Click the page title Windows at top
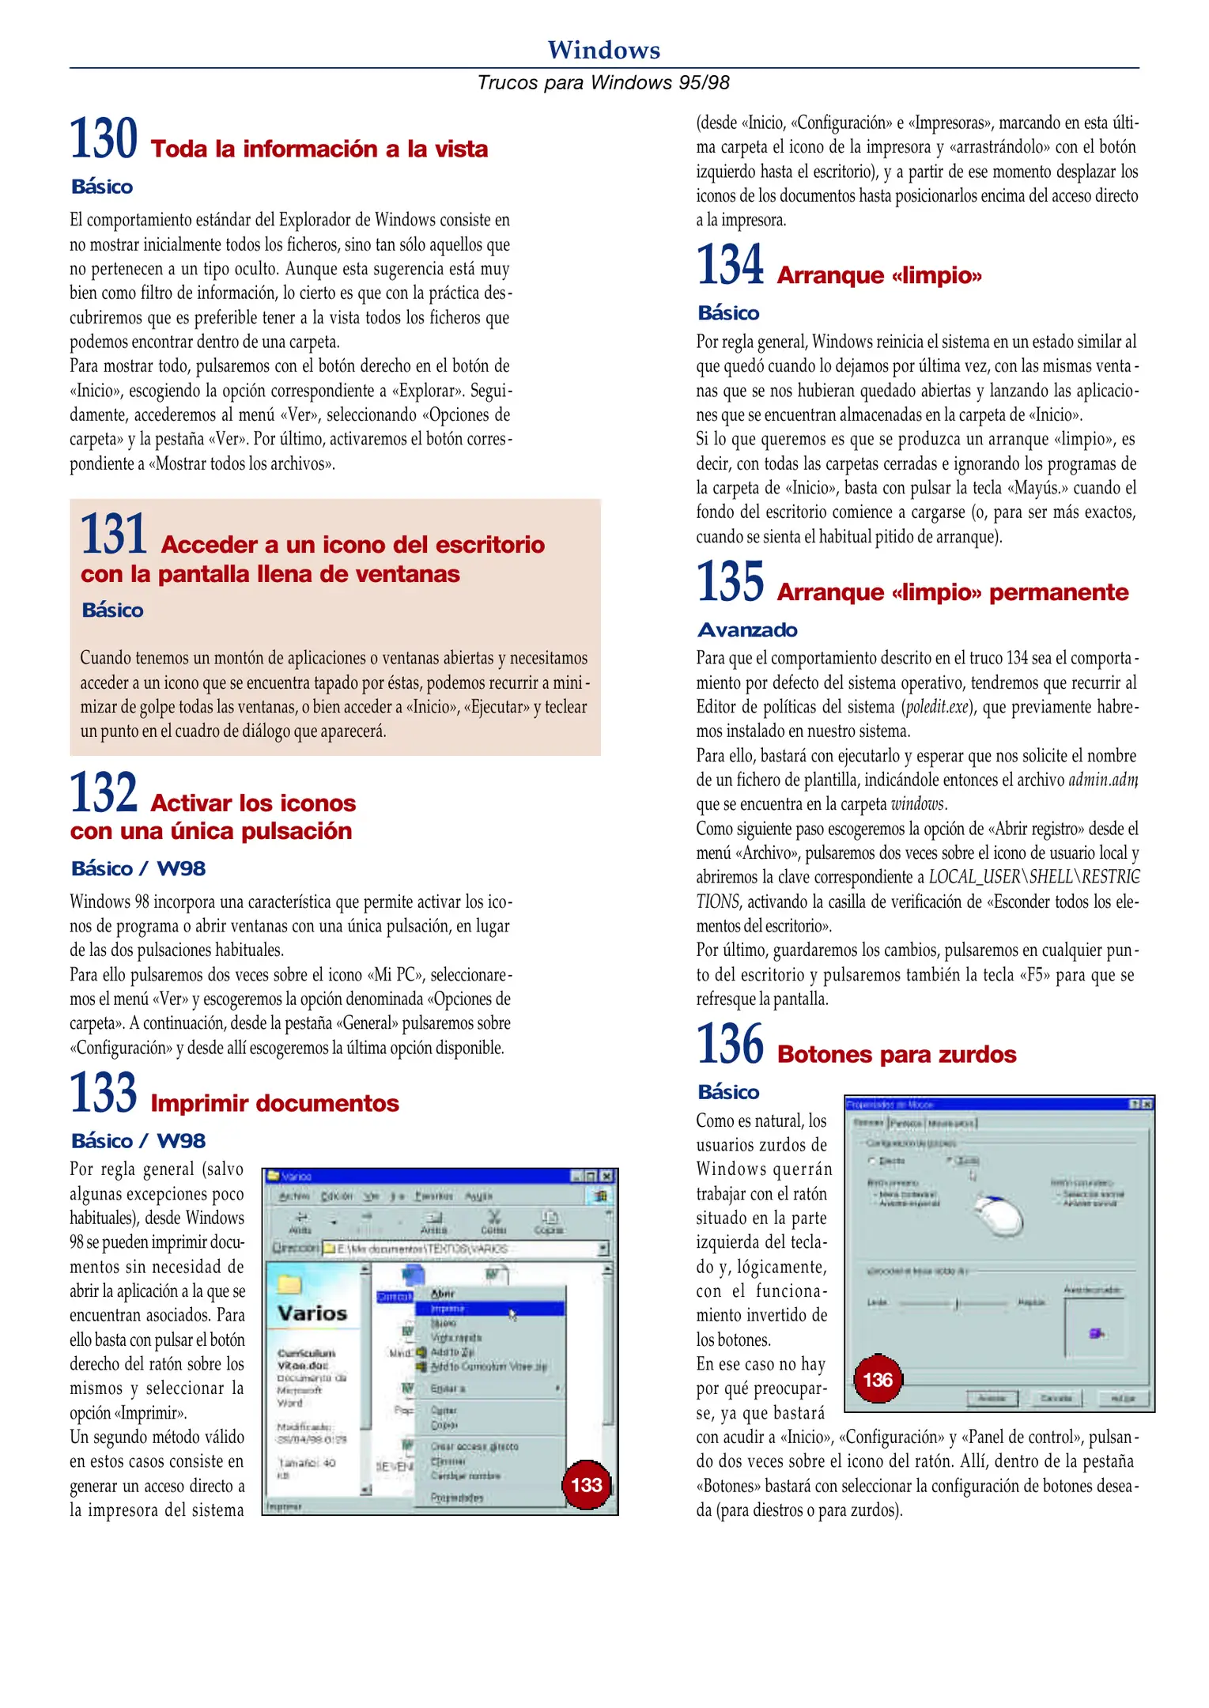click(603, 50)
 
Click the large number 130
click(104, 139)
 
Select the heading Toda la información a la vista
click(319, 149)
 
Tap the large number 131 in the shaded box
click(114, 535)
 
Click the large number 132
click(104, 793)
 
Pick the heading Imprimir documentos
click(274, 1103)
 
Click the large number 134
click(730, 266)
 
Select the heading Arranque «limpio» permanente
click(952, 592)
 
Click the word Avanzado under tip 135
click(747, 630)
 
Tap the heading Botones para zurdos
click(896, 1054)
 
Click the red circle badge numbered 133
click(586, 1484)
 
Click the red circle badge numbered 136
click(877, 1380)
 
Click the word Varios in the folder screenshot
click(312, 1313)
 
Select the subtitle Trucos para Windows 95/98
click(603, 83)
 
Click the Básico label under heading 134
click(728, 313)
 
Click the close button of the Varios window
click(606, 1176)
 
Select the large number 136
click(730, 1045)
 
